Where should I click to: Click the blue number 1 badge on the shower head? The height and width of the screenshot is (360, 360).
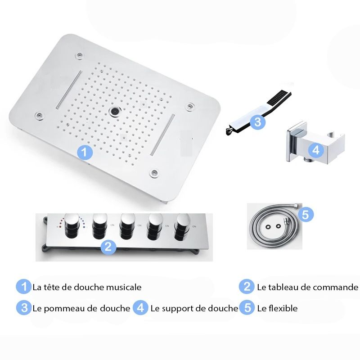pos(85,152)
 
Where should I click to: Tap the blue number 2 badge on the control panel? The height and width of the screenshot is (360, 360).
pos(108,247)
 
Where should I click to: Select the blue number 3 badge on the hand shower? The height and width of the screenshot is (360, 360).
pos(257,121)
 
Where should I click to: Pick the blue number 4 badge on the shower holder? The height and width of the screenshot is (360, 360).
pos(316,150)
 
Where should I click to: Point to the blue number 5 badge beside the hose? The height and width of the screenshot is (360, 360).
pos(306,215)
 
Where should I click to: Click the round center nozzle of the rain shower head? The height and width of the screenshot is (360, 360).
pos(114,111)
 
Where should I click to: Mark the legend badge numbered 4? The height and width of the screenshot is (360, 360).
pos(140,308)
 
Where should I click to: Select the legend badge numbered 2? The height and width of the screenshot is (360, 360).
pos(247,287)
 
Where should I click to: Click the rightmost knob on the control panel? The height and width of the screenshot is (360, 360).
pos(182,227)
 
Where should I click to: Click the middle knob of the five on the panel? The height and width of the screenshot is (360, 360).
pos(128,227)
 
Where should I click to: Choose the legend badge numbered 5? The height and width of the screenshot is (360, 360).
pos(247,308)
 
